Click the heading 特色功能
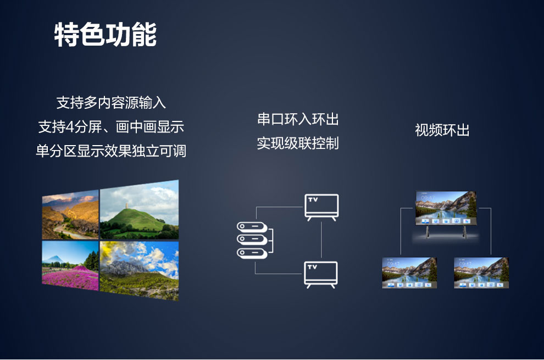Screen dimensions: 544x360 106,35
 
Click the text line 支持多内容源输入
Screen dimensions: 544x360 111,103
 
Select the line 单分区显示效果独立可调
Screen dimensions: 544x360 111,151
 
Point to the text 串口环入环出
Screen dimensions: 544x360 298,119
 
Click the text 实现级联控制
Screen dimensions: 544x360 298,143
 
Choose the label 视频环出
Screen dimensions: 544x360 442,130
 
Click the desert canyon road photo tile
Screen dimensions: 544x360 70,215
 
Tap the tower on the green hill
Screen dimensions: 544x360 127,206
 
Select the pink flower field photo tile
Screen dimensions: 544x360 70,265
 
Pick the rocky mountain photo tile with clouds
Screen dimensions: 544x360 140,271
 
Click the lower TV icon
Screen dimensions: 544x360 321,275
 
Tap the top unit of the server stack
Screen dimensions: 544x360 252,227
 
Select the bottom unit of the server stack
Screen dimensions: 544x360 252,253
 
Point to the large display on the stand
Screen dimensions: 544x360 446,208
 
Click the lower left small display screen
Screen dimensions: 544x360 409,273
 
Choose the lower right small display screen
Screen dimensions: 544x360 481,273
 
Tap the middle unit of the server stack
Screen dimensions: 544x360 252,240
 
